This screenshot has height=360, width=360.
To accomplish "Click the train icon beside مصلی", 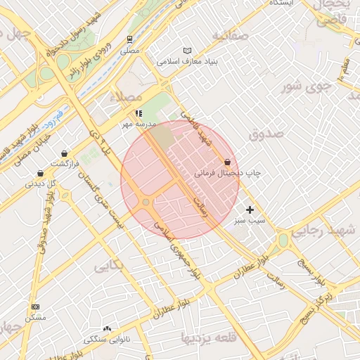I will point(129,40).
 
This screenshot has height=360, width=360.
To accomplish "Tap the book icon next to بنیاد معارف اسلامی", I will point(186,51).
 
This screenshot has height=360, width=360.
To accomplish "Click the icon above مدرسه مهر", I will point(138,112).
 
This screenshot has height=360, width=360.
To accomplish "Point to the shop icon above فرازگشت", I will point(65,153).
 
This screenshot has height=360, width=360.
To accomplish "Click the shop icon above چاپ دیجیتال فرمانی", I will point(227,162).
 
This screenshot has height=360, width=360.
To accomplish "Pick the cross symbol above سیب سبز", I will point(250,210).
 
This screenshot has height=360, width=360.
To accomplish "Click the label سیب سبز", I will point(250,220).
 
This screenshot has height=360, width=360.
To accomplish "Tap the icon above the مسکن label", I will point(36,307).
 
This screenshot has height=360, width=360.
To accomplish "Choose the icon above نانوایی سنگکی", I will point(107,328).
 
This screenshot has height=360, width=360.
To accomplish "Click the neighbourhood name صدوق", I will point(266,133).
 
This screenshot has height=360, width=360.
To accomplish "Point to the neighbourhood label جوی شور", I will point(306,87).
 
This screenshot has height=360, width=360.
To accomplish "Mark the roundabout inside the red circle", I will point(146,202).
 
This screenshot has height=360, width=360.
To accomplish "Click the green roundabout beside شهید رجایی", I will point(283,240).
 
